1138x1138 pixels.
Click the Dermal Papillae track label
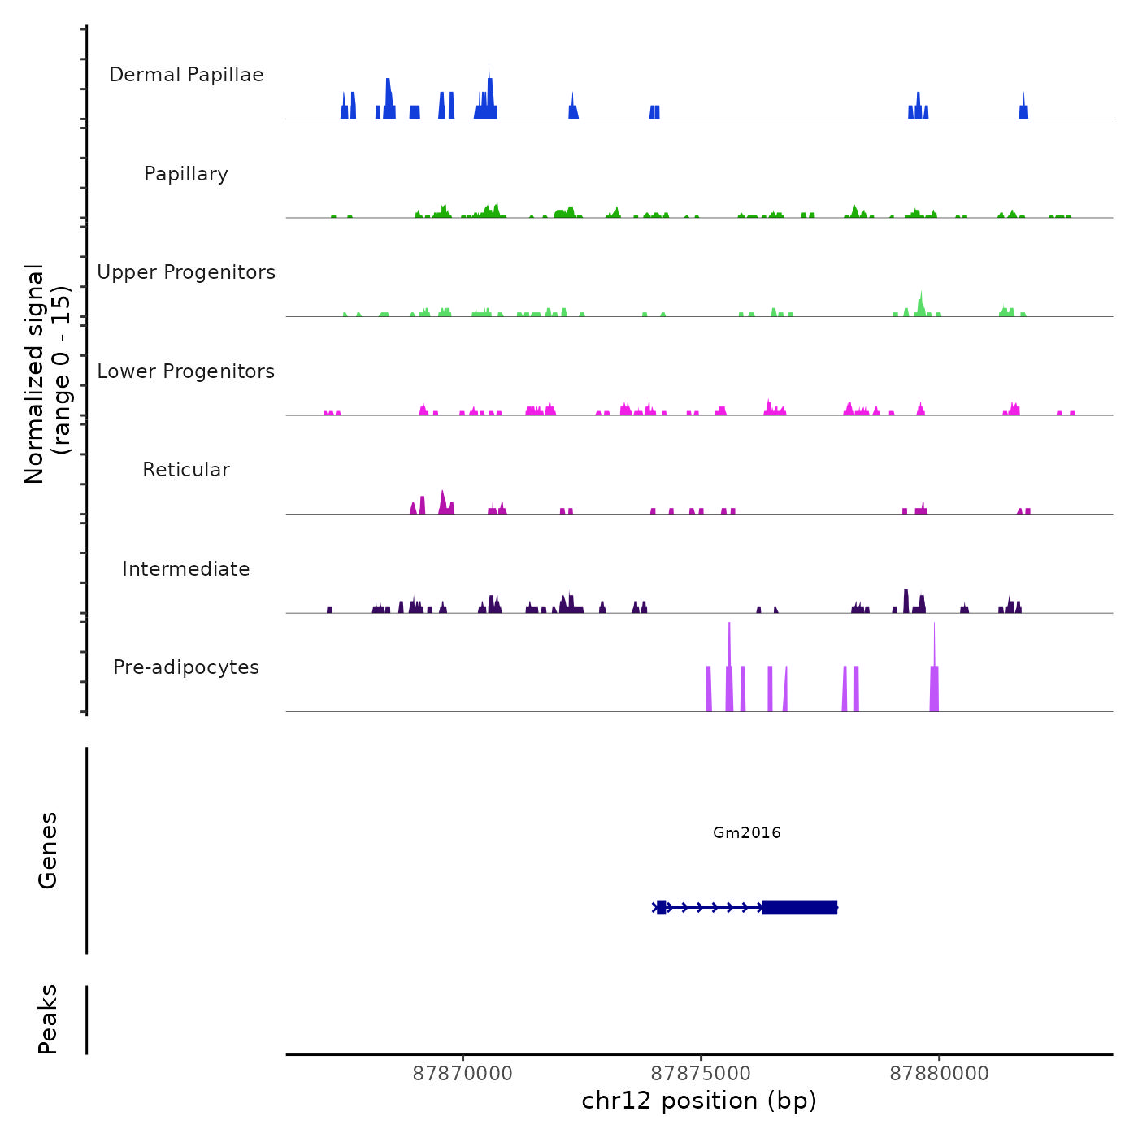[x=186, y=75]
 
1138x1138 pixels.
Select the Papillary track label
[x=186, y=174]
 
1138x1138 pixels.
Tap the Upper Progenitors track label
[x=186, y=272]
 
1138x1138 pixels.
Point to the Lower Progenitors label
[x=186, y=371]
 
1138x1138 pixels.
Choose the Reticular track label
[x=186, y=470]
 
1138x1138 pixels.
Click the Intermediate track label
[x=186, y=569]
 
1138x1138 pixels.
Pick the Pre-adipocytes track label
[x=186, y=667]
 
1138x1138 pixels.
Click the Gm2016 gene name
[x=746, y=832]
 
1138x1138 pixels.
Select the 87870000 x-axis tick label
[x=463, y=1074]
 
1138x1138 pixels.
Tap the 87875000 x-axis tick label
[x=701, y=1074]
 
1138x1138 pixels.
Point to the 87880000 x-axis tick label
[x=939, y=1074]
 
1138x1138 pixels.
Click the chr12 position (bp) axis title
[x=699, y=1101]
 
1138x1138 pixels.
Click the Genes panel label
[x=48, y=850]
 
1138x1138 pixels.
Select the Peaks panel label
[x=48, y=1019]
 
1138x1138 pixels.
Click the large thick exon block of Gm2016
[x=800, y=907]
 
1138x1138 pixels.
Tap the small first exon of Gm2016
[x=662, y=907]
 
